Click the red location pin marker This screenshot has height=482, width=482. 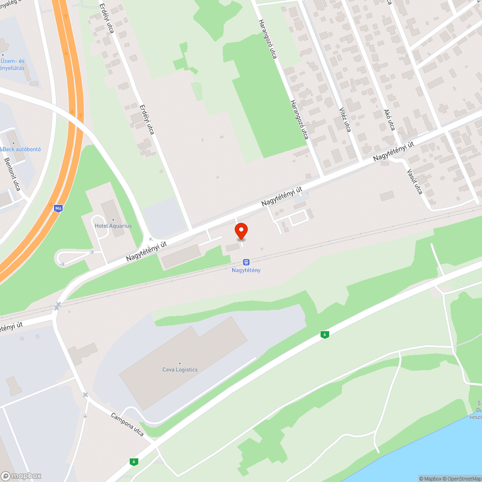(x=241, y=231)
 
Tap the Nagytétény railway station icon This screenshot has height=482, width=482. (x=246, y=262)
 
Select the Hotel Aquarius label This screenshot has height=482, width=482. (x=113, y=226)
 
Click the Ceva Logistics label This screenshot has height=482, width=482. (x=180, y=370)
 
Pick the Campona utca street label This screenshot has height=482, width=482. (x=127, y=425)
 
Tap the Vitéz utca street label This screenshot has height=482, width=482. (x=345, y=119)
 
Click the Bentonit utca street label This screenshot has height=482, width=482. (x=12, y=174)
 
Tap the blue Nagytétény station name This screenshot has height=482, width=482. (x=246, y=270)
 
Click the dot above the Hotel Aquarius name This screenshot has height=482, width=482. (x=113, y=220)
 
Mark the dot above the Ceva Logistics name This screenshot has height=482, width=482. (x=180, y=363)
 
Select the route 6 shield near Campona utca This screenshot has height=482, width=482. (x=134, y=462)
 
